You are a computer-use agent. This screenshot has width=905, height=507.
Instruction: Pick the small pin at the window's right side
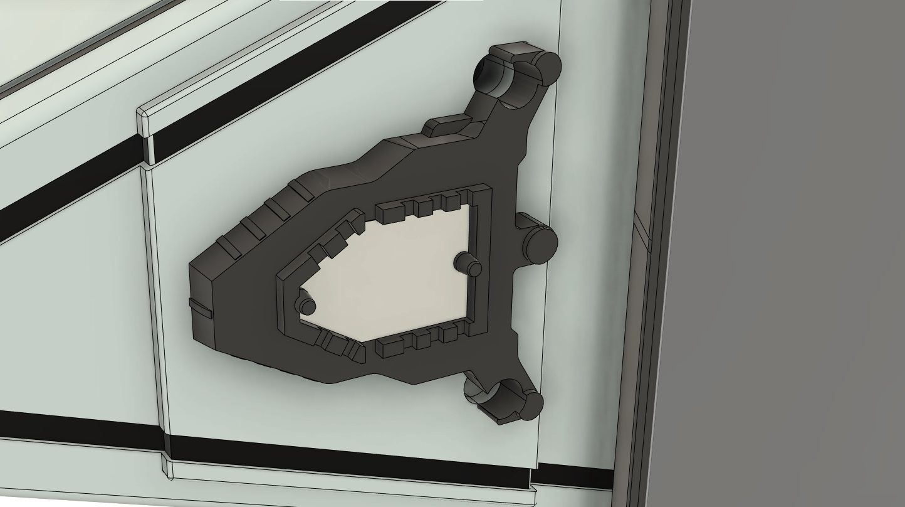(468, 264)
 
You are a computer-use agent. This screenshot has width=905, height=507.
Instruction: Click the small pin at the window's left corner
(306, 304)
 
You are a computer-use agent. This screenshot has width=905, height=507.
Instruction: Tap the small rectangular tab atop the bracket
(447, 124)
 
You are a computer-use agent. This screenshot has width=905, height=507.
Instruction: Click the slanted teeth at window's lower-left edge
(338, 346)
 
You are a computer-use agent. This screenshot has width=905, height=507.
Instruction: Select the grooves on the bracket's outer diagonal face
(263, 220)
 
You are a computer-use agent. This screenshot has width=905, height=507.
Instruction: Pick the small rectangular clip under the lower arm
(493, 415)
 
